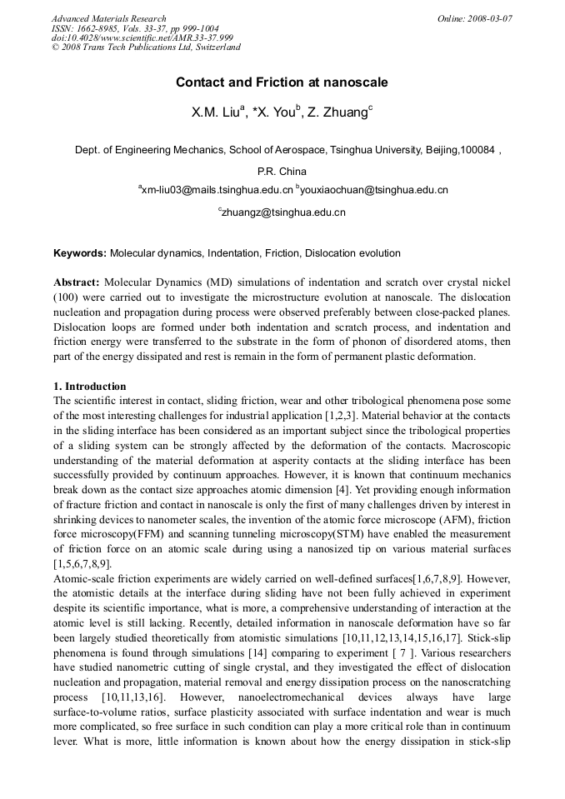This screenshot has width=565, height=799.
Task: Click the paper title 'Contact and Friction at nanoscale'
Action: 282,82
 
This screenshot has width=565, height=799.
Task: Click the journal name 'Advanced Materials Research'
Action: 108,18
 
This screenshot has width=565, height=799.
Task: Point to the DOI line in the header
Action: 142,37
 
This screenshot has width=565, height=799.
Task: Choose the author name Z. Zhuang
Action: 339,112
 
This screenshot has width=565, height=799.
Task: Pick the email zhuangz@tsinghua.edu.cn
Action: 283,213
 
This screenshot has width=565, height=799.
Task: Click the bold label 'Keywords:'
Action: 80,253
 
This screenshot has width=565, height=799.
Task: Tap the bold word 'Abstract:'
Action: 77,282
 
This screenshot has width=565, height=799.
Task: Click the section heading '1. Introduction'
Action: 90,387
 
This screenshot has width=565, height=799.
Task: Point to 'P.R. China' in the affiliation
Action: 282,172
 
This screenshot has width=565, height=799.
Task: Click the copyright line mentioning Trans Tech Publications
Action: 146,47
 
